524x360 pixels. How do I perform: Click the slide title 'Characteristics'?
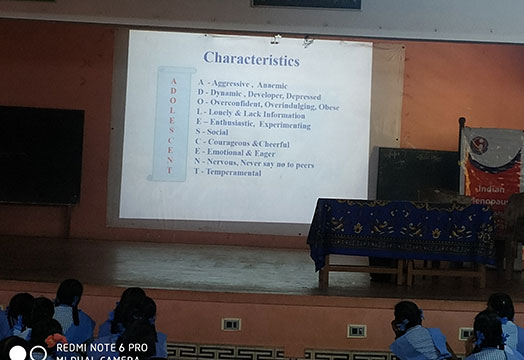pyautogui.click(x=251, y=58)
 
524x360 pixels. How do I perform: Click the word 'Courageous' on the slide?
pyautogui.click(x=232, y=143)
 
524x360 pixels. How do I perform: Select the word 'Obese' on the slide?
pyautogui.click(x=329, y=106)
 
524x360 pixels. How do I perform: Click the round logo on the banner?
pyautogui.click(x=478, y=145)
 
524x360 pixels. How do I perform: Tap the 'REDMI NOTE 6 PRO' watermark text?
pyautogui.click(x=102, y=346)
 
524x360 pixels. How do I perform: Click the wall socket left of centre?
pyautogui.click(x=231, y=324)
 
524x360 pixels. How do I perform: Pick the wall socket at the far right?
pyautogui.click(x=466, y=333)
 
